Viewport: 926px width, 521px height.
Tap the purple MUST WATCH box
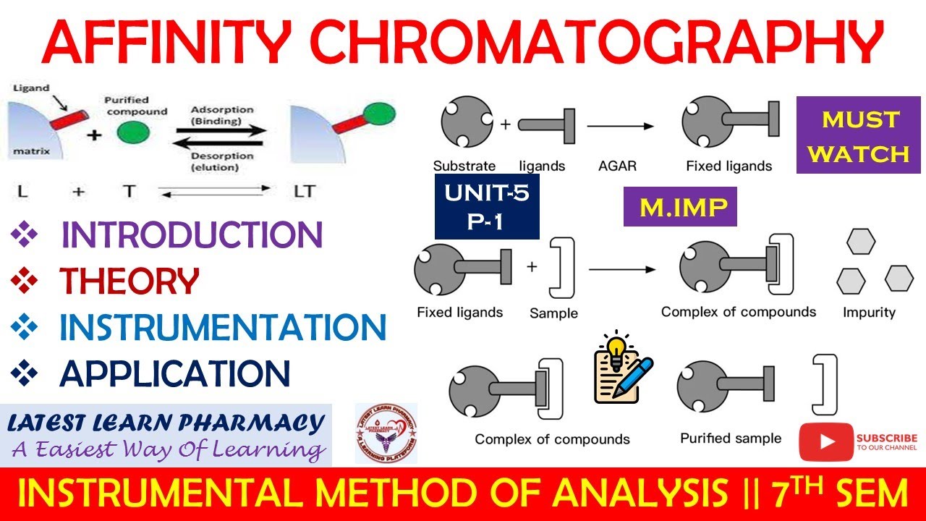click(x=852, y=136)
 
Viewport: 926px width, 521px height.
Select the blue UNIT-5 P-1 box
click(x=487, y=206)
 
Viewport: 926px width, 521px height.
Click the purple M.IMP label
click(x=679, y=208)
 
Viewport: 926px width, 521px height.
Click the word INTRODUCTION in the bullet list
click(x=192, y=235)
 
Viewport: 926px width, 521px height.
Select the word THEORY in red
click(x=129, y=281)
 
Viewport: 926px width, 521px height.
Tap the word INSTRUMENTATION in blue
click(x=223, y=328)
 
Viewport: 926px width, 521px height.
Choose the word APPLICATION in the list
click(x=175, y=373)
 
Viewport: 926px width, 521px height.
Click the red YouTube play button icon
click(x=825, y=442)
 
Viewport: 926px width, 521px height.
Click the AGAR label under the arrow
click(x=617, y=166)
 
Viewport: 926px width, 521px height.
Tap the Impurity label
click(x=869, y=313)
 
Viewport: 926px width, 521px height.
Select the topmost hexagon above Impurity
click(x=861, y=242)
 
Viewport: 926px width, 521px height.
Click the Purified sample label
click(x=731, y=439)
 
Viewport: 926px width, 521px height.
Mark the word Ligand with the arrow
click(x=31, y=88)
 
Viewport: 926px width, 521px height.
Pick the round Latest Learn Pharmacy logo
click(x=386, y=434)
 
